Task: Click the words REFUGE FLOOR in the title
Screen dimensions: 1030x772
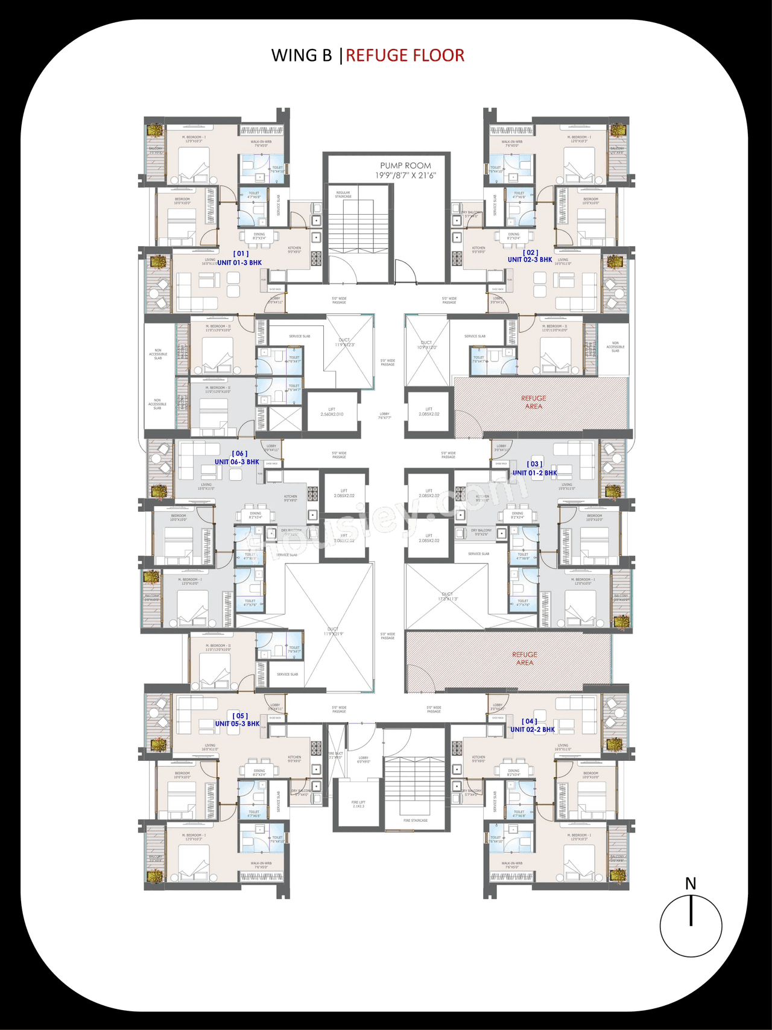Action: pyautogui.click(x=405, y=56)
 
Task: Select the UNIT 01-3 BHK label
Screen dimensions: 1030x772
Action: pyautogui.click(x=239, y=263)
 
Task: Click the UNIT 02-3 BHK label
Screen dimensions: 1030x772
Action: pyautogui.click(x=530, y=259)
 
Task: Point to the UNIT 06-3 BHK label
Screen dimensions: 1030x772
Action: pyautogui.click(x=237, y=462)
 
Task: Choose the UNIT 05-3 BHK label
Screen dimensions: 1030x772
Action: pyautogui.click(x=237, y=723)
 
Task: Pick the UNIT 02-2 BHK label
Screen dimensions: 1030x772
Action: pyautogui.click(x=533, y=730)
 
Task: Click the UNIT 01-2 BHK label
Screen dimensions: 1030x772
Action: pyautogui.click(x=534, y=473)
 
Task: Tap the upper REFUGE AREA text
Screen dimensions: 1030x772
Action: pyautogui.click(x=534, y=402)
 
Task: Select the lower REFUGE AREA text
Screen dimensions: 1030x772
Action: pyautogui.click(x=525, y=658)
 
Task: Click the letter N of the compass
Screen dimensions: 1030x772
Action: pyautogui.click(x=691, y=884)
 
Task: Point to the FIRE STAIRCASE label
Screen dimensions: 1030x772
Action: pyautogui.click(x=416, y=821)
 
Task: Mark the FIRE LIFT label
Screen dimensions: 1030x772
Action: pyautogui.click(x=358, y=804)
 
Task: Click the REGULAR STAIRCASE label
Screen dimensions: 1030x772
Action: pyautogui.click(x=343, y=194)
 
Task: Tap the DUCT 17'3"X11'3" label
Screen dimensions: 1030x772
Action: pyautogui.click(x=447, y=596)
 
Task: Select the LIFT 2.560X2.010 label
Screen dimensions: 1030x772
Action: pyautogui.click(x=332, y=412)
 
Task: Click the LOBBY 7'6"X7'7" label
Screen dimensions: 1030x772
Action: pyautogui.click(x=385, y=416)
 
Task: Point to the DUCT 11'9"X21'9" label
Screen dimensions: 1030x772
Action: pyautogui.click(x=333, y=631)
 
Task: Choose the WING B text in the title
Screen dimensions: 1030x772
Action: pyautogui.click(x=302, y=56)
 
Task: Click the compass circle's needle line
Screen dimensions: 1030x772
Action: pyautogui.click(x=691, y=911)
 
